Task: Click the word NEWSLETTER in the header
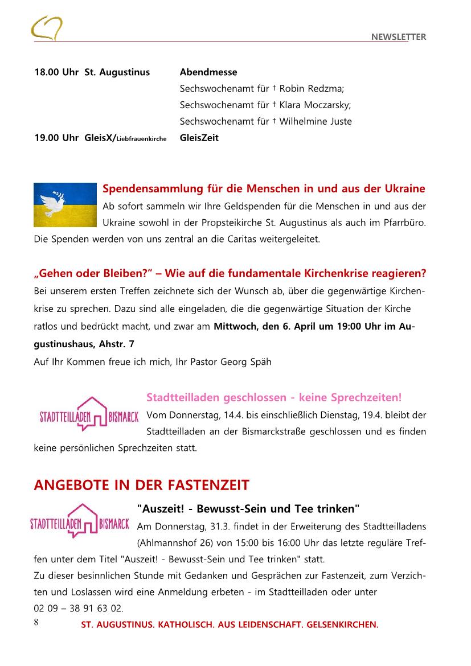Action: (399, 37)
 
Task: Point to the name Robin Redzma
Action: (312, 89)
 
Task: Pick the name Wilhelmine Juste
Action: (316, 121)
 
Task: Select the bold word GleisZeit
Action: (199, 138)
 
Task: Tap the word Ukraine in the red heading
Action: (404, 189)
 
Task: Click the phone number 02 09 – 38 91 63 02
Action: (79, 609)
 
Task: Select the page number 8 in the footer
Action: (36, 622)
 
